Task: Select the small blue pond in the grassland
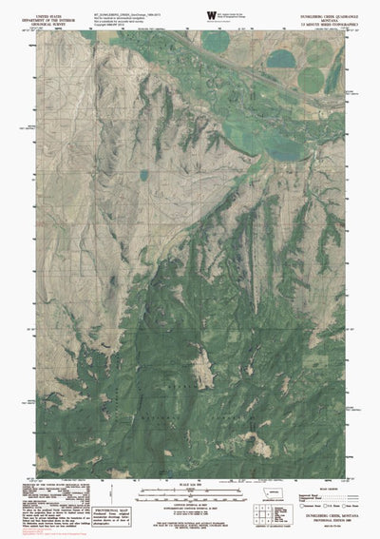143,174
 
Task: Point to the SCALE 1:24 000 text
190,484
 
